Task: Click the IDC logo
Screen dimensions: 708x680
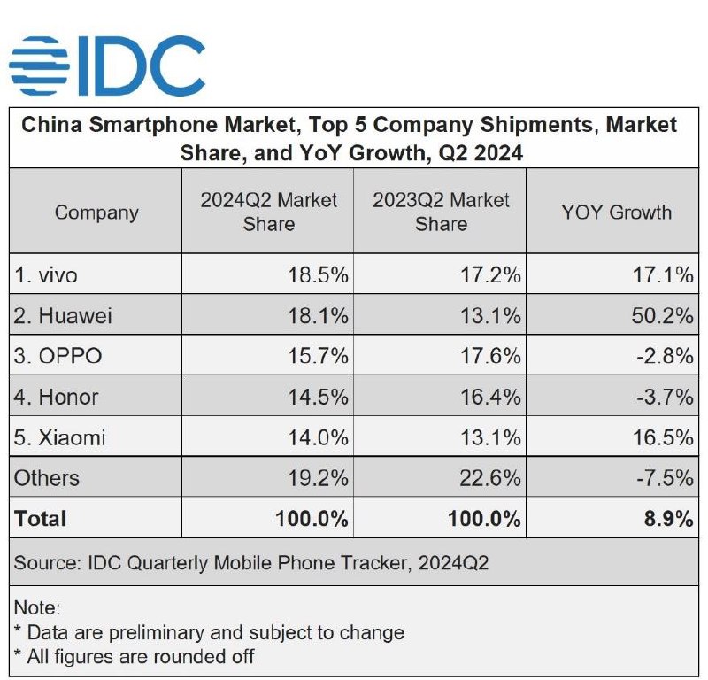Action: coord(107,66)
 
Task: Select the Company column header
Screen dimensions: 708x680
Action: coord(96,212)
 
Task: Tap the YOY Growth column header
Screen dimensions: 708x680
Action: coord(616,212)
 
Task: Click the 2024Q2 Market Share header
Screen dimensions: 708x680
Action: coord(269,212)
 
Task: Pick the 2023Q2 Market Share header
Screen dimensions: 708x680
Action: coord(441,212)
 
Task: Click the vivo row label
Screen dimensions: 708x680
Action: coord(46,274)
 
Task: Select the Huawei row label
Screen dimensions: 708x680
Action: coord(63,315)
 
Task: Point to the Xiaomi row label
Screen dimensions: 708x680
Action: coord(59,437)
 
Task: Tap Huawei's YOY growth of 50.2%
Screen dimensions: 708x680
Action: coord(662,315)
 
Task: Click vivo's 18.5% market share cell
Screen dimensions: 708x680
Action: coord(319,274)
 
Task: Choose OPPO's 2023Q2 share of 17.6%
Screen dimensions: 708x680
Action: coord(490,356)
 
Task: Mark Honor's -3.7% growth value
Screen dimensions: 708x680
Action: coord(665,398)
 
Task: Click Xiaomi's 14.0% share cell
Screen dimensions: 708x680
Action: coord(319,437)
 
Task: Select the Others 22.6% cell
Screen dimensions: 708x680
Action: coord(490,478)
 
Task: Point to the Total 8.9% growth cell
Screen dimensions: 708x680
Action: coord(669,519)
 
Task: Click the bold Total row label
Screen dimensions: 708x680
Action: coord(40,519)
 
